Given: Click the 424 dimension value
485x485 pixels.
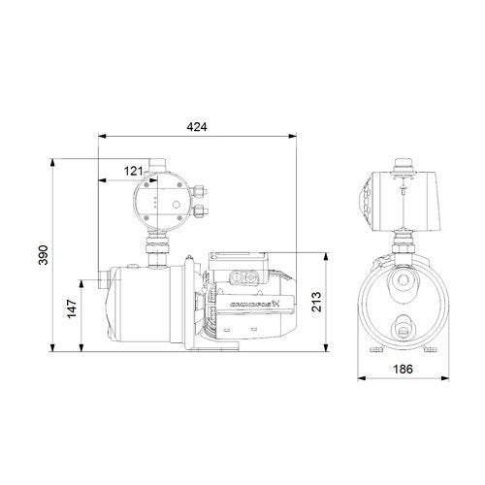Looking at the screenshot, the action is click(197, 127).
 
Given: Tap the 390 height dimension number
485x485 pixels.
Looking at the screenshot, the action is click(43, 255).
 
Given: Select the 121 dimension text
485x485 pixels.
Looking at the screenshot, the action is click(133, 171).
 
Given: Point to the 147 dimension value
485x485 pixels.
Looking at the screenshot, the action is click(72, 308).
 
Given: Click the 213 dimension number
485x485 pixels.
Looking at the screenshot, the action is click(316, 302).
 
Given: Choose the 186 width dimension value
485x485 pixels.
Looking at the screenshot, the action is click(403, 369).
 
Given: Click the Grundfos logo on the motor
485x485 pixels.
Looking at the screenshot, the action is click(255, 304).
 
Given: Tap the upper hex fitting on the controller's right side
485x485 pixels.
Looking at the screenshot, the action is click(199, 191).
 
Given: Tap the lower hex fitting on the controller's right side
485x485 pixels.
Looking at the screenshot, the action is click(200, 211).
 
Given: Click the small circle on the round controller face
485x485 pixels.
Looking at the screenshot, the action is click(177, 205).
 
